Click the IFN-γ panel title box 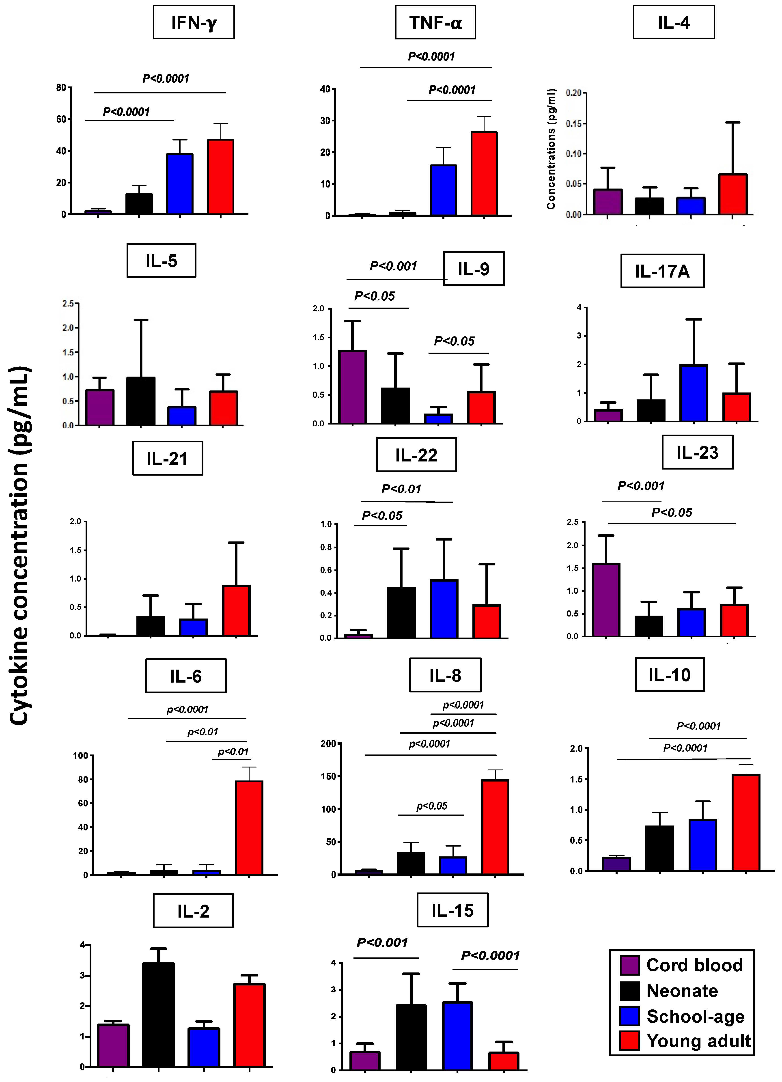(194, 22)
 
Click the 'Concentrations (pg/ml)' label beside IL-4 (551, 149)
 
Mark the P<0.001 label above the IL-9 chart (393, 266)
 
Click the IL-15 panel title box (452, 910)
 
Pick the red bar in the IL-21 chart (236, 611)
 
